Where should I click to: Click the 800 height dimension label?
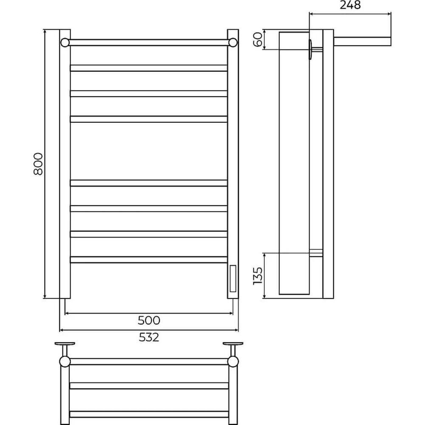click(38, 164)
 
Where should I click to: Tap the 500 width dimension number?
click(149, 320)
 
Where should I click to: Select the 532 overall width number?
click(149, 337)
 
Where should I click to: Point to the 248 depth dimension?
click(350, 5)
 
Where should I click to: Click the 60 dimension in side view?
click(258, 39)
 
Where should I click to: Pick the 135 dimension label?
click(258, 276)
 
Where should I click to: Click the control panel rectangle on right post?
click(233, 278)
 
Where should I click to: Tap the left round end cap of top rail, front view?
click(65, 42)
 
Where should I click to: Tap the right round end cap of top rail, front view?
click(233, 42)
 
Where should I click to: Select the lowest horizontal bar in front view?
click(149, 260)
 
